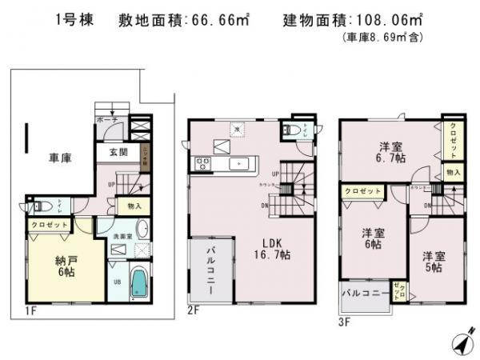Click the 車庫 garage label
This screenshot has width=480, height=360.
[x=62, y=158]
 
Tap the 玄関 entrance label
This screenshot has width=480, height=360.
[x=118, y=153]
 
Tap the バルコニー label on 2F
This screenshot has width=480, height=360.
[x=210, y=272]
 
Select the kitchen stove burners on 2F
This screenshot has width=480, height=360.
[x=202, y=165]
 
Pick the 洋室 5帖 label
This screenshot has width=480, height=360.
[x=434, y=262]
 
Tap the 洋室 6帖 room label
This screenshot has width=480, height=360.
[x=370, y=238]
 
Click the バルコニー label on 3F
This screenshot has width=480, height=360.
[x=364, y=293]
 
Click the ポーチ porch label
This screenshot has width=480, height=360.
[x=106, y=119]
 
